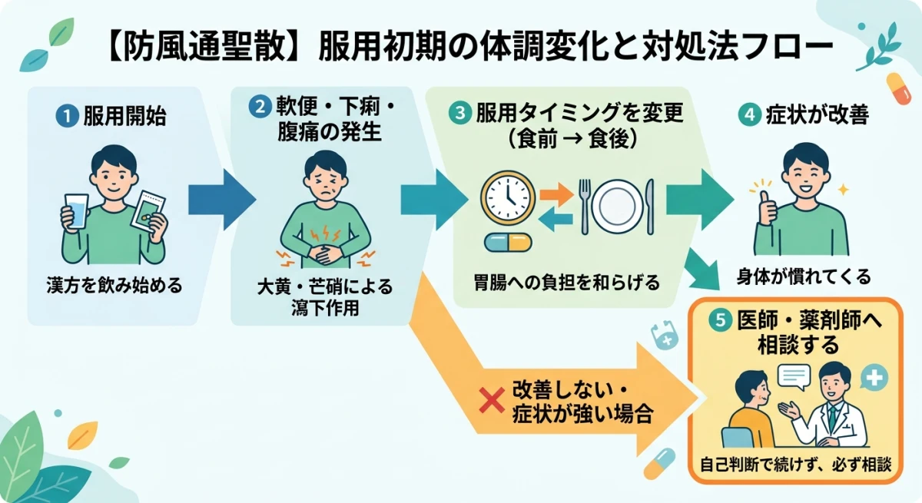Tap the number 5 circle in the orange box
(720, 323)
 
